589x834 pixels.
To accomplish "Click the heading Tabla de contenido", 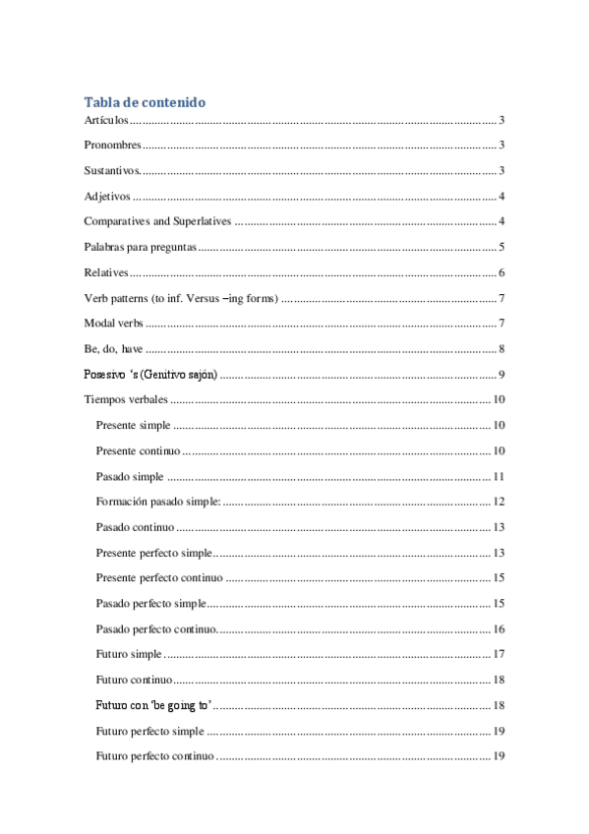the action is click(145, 102).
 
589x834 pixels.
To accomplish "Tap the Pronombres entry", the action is click(112, 146).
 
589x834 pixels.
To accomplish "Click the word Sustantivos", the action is click(113, 170).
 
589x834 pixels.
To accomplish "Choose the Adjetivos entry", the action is click(107, 196).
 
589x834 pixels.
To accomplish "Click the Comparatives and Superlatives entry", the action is click(157, 221).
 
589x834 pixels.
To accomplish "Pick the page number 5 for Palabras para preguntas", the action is click(501, 247).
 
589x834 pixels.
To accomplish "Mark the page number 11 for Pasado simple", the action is click(499, 476).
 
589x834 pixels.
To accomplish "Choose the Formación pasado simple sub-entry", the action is click(157, 502).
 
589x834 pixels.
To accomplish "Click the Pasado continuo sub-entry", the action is click(136, 527).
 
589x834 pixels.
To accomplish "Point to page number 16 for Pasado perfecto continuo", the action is click(499, 629).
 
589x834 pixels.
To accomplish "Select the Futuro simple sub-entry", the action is click(129, 655).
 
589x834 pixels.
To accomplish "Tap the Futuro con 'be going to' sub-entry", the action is click(154, 705).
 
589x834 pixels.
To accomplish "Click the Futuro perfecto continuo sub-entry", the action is click(154, 756).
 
